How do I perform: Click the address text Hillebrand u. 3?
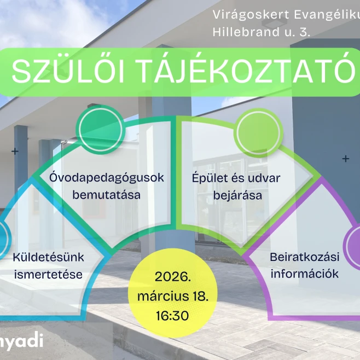tap(262, 33)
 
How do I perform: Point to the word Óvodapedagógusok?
tap(107, 178)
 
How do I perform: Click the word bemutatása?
tap(107, 195)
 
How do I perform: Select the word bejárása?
tap(238, 195)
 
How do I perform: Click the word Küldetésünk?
tap(48, 257)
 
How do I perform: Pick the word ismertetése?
tap(48, 274)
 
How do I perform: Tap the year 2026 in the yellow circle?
tap(172, 275)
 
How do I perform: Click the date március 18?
tap(172, 295)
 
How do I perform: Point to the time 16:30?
tap(172, 316)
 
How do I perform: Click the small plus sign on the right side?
tap(345, 159)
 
